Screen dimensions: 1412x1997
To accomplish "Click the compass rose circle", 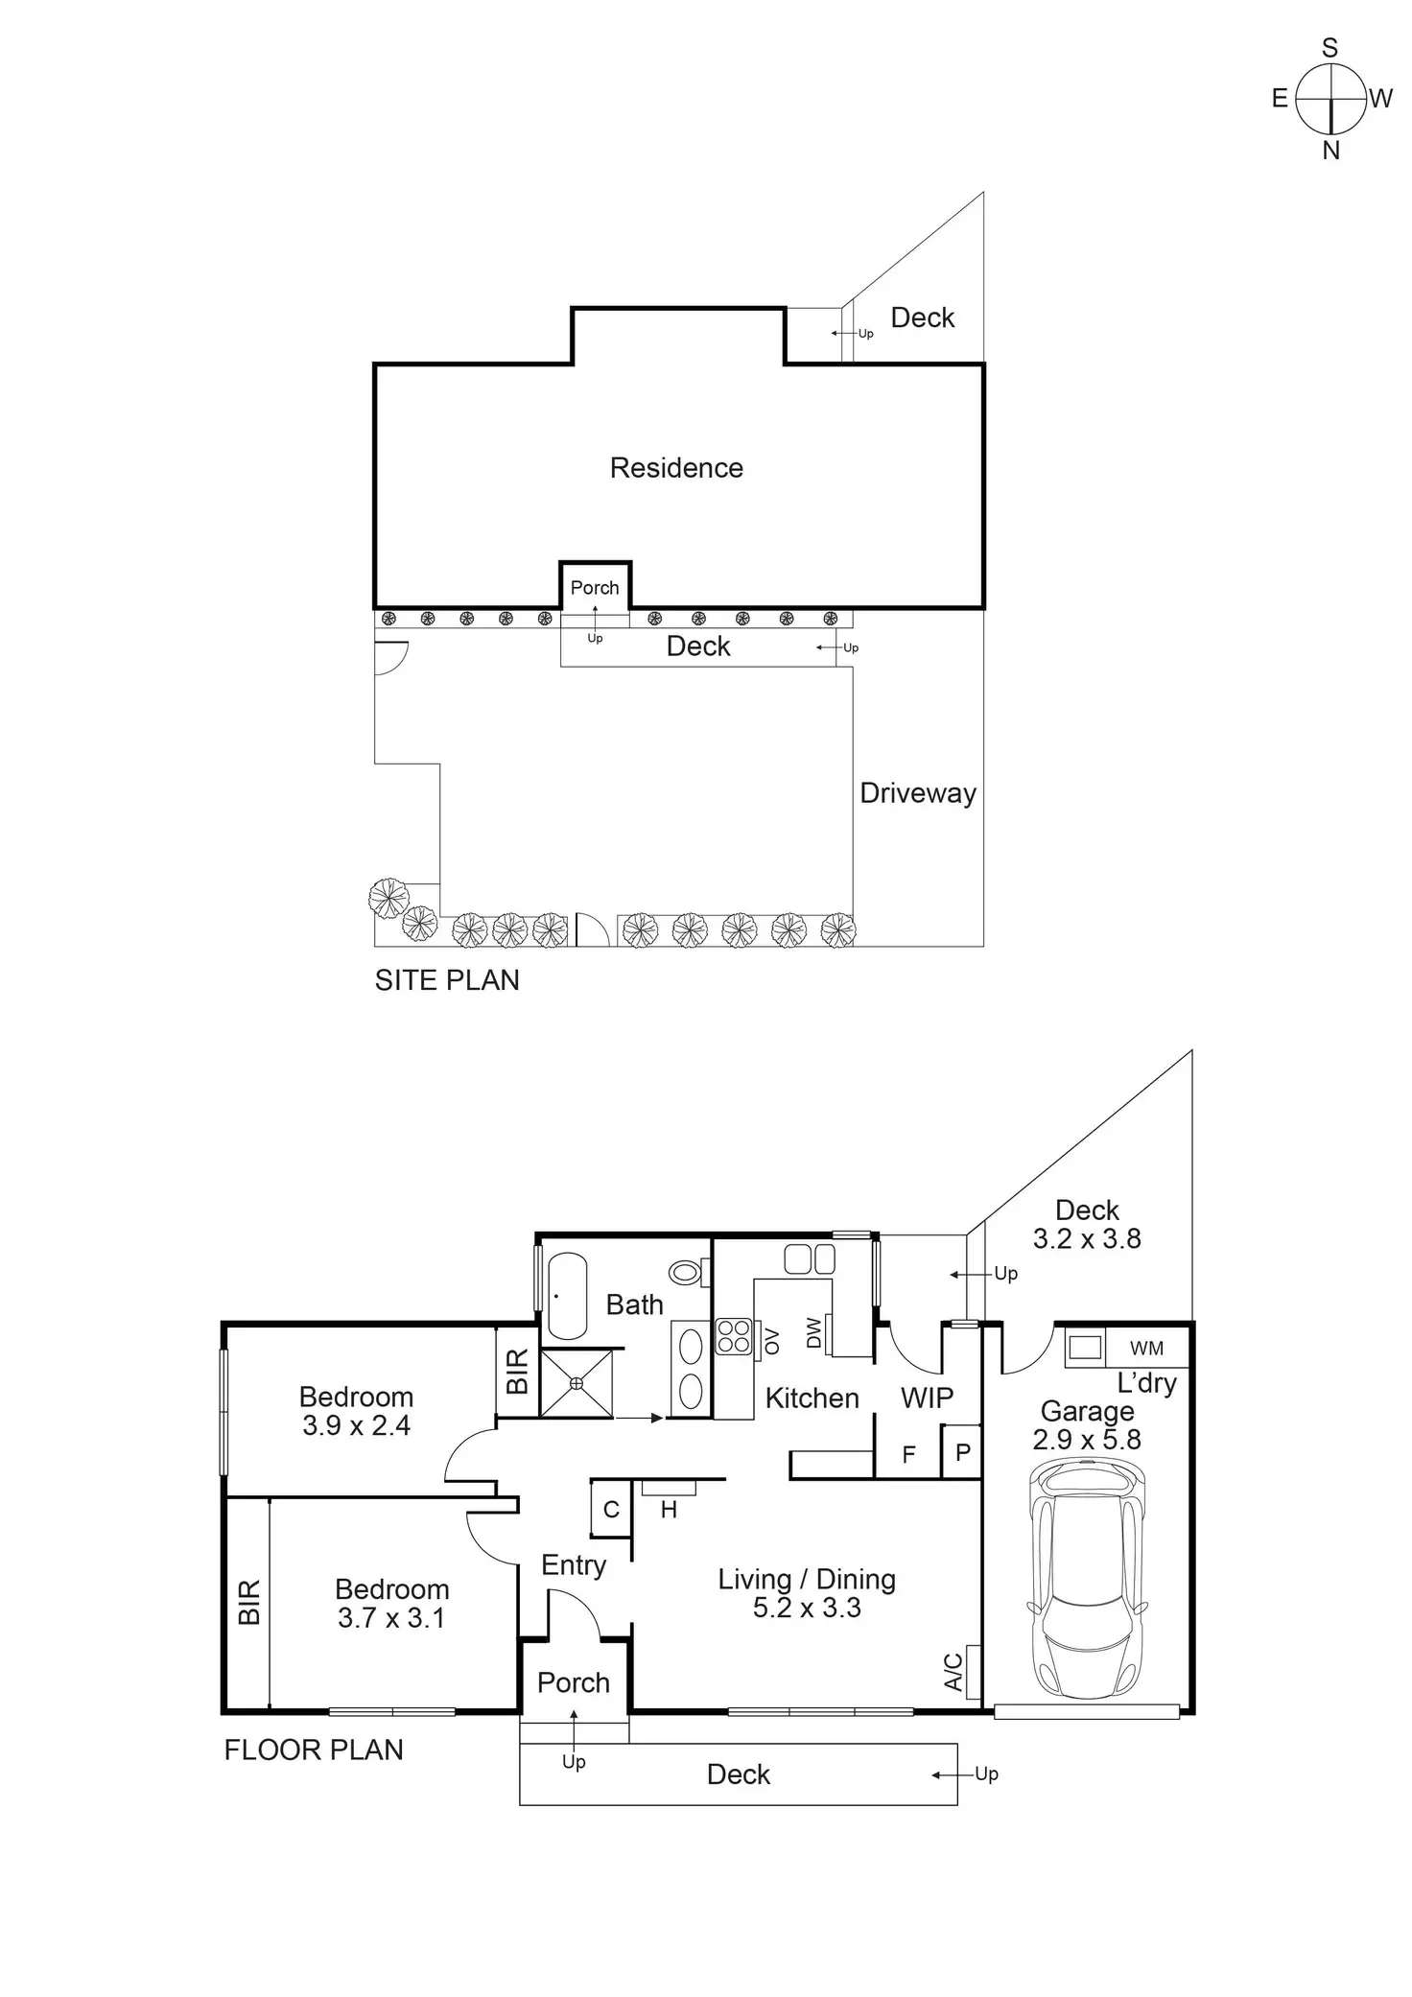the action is point(1330,98).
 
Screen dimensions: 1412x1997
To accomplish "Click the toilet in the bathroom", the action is point(686,1272).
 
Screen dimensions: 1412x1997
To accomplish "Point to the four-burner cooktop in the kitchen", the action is point(734,1336).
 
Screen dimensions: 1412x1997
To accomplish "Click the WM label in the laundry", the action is point(1146,1348).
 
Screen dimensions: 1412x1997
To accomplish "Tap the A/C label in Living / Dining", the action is point(953,1671).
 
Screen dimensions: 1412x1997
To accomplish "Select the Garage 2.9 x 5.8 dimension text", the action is point(1087,1439).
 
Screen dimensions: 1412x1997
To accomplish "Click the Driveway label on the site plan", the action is point(918,793).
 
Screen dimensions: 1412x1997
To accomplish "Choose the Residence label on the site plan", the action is point(676,468).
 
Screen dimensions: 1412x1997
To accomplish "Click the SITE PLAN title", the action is point(447,980).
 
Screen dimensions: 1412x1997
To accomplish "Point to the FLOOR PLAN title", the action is point(314,1750).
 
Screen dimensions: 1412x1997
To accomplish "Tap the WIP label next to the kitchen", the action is point(927,1398).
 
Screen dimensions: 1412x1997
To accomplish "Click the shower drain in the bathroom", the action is point(577,1382).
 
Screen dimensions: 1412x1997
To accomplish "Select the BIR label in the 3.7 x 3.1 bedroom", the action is point(248,1602).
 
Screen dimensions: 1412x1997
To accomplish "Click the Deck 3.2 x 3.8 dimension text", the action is point(1087,1238).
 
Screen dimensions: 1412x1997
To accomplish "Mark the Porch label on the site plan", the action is point(595,587).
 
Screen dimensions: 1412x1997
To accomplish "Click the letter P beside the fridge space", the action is point(962,1453).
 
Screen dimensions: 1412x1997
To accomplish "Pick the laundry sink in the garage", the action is point(1085,1347).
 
